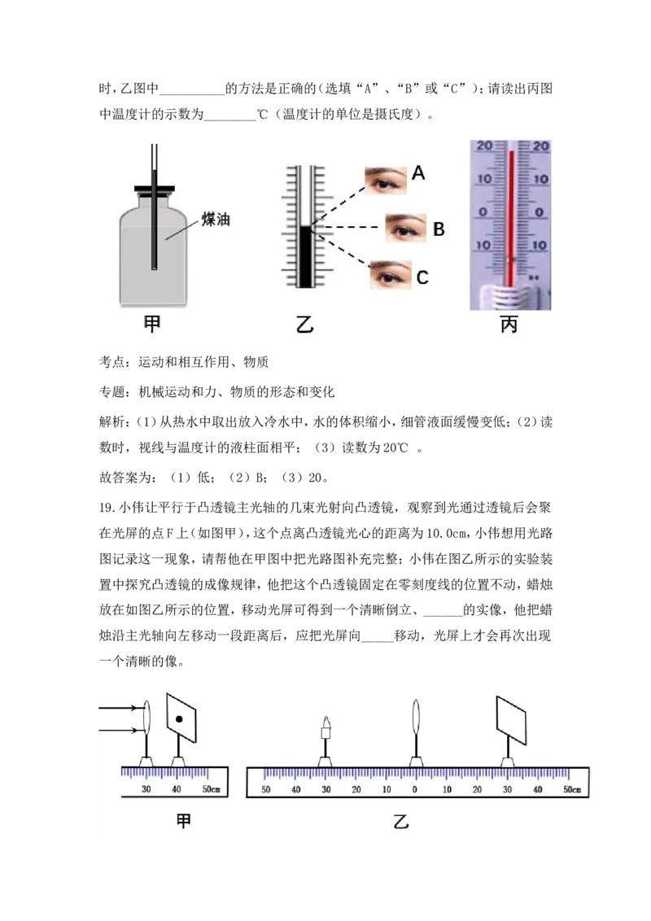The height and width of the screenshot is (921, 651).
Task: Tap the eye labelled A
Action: click(385, 180)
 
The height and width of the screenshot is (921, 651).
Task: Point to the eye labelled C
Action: click(390, 275)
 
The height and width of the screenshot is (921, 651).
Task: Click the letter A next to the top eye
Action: click(418, 172)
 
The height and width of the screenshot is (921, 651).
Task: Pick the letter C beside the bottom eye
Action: click(422, 277)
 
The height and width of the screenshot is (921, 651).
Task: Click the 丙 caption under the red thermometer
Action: click(509, 325)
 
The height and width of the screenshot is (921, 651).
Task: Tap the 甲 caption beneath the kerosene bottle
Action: click(152, 324)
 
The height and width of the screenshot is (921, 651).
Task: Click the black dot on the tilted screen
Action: click(179, 719)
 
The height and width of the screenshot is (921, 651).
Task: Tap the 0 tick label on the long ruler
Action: click(415, 789)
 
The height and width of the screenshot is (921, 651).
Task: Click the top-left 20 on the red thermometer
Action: click(483, 146)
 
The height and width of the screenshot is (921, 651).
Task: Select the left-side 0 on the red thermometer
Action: click(483, 212)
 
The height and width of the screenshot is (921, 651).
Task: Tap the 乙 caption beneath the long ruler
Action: click(400, 822)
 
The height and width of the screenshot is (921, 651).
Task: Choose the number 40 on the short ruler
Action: click(177, 789)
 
